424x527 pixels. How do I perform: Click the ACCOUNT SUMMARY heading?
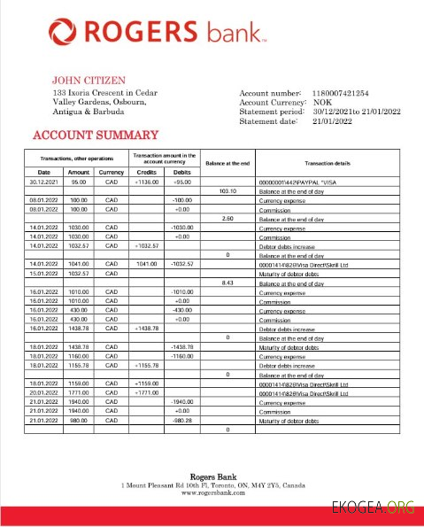point(96,136)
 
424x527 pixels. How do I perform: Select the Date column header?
point(44,172)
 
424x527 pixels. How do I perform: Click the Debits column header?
point(182,172)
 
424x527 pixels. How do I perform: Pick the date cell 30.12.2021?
point(44,182)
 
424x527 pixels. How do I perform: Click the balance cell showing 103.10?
point(227,190)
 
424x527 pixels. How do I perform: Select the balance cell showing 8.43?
point(227,283)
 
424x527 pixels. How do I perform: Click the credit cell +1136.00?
point(145,182)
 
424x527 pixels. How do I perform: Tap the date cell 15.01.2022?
point(44,274)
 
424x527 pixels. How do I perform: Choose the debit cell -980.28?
point(182,421)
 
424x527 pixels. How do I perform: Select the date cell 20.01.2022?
point(44,393)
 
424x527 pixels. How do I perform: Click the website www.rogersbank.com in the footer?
point(212,492)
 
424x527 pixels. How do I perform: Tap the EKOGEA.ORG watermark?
point(373,508)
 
